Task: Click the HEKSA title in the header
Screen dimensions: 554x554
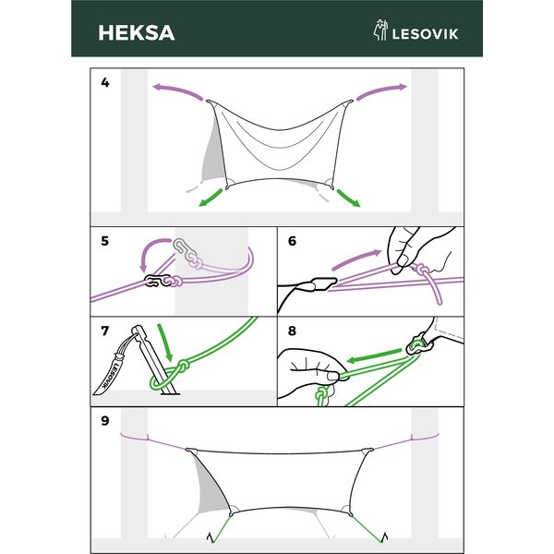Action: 137,33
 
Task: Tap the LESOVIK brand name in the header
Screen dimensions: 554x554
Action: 425,34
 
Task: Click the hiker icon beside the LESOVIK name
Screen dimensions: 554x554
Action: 380,30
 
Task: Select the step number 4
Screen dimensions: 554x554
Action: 105,82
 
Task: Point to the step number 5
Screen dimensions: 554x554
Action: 105,241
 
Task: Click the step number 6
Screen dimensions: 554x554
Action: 292,241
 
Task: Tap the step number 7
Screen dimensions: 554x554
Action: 105,331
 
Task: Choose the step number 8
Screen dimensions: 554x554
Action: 292,331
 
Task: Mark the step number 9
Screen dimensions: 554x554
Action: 105,421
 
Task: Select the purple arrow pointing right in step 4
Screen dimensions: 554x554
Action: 382,90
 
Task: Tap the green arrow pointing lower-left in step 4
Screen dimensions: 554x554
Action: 211,198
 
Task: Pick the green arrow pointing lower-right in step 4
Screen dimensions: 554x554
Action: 348,198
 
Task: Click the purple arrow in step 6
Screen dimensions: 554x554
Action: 355,259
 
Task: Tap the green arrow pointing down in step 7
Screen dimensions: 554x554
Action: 165,343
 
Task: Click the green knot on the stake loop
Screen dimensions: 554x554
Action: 183,367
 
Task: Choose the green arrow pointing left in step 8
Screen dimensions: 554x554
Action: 374,355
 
